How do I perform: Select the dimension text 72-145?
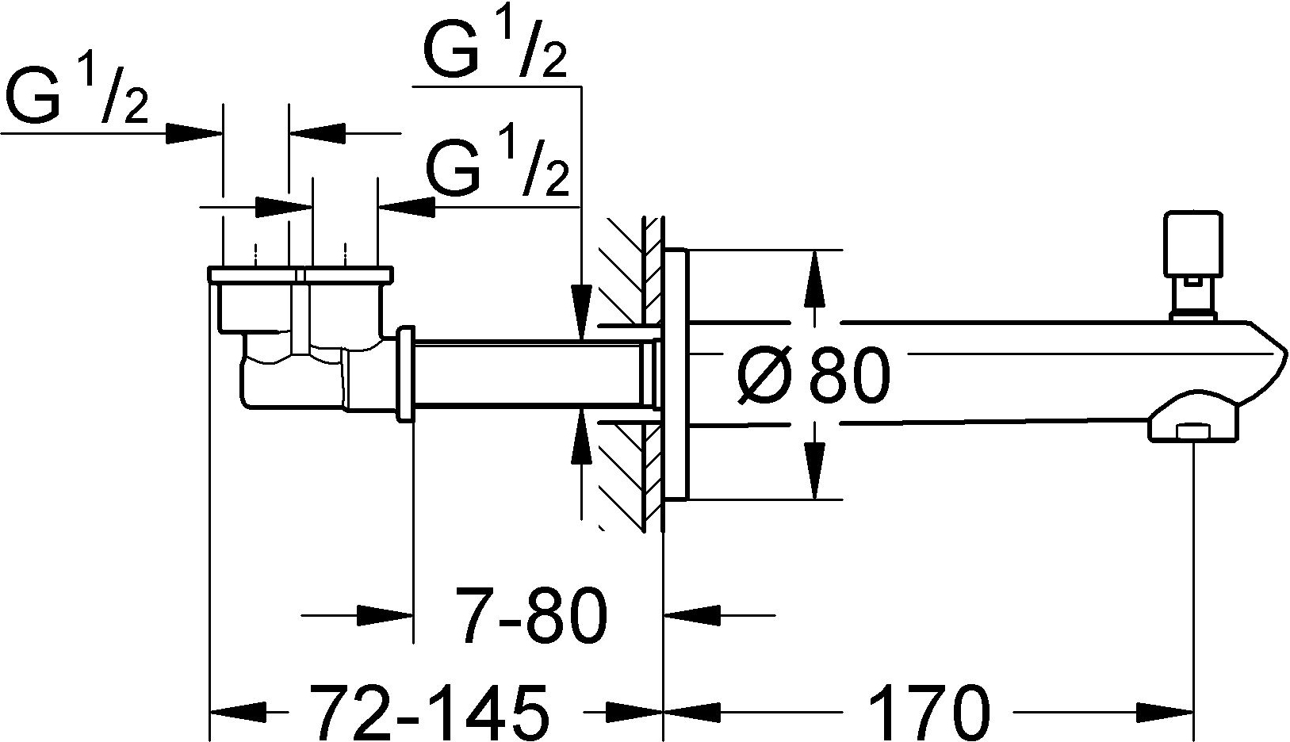(x=428, y=712)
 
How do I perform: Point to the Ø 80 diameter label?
(x=813, y=374)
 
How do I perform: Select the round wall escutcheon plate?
(x=676, y=374)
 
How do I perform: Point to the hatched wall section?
(x=630, y=374)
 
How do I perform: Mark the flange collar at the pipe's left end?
(x=406, y=374)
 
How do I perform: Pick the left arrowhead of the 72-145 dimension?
(x=239, y=713)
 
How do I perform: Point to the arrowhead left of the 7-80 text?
(x=385, y=615)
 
